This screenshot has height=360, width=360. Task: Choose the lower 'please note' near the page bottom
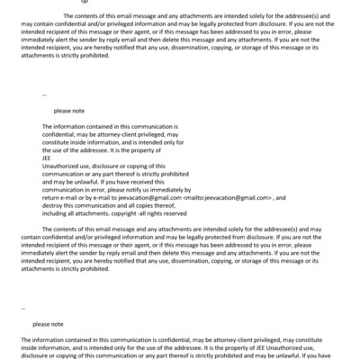point(49,322)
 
